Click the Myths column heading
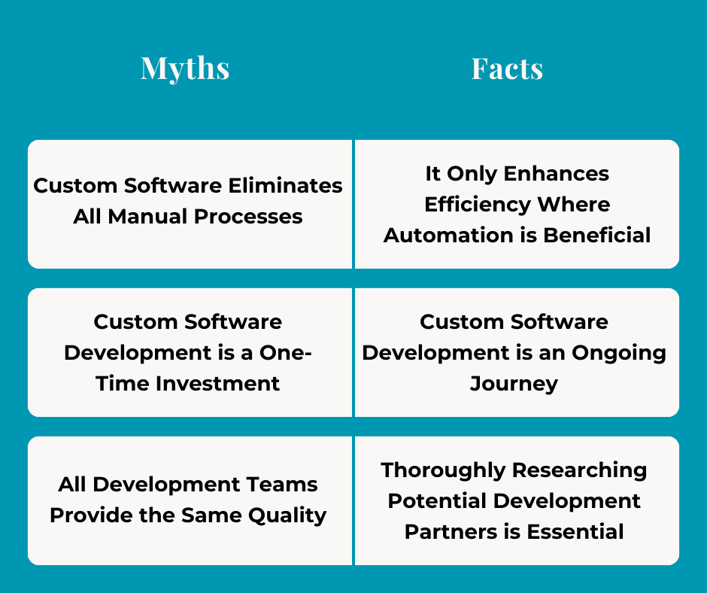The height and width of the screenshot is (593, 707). [x=185, y=68]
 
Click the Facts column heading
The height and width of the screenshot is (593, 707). [x=507, y=68]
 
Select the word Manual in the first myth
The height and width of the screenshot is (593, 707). [x=148, y=217]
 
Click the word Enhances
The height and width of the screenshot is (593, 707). [x=557, y=174]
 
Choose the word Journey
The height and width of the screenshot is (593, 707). [x=514, y=384]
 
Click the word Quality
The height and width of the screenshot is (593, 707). [x=289, y=515]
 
